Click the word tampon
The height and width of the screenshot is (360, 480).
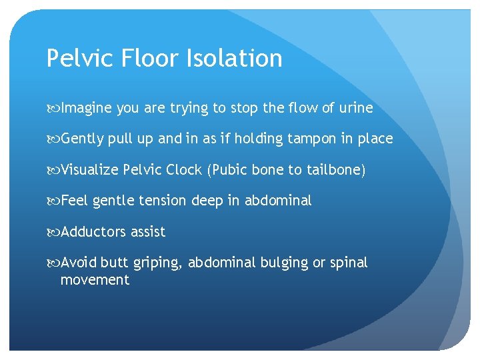[x=312, y=139]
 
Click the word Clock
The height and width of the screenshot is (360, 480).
[x=186, y=169]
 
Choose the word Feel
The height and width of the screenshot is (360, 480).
[x=75, y=200]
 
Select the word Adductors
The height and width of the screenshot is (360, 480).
[x=93, y=231]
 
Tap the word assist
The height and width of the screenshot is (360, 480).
[x=148, y=231]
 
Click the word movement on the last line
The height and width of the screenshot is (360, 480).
[x=95, y=280]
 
